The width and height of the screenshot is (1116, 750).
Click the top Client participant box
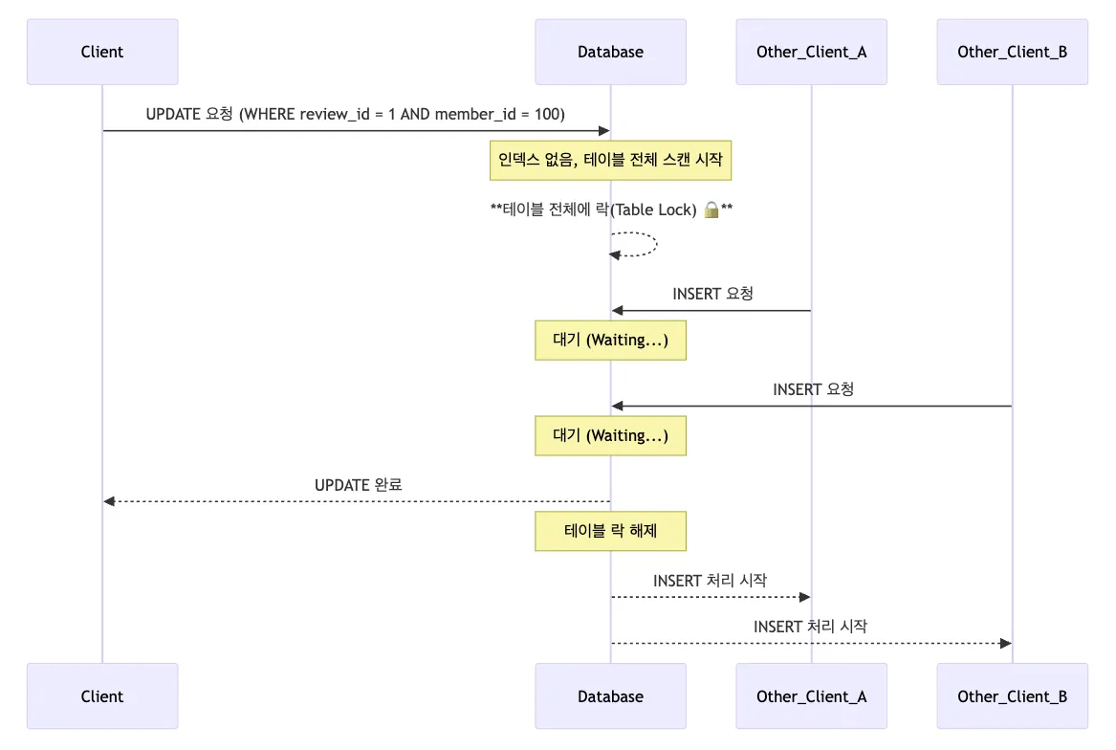tap(102, 52)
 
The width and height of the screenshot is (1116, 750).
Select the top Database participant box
tap(611, 52)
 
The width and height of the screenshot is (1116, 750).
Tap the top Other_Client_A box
tap(811, 52)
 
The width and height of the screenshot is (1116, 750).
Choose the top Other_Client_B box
tap(1012, 52)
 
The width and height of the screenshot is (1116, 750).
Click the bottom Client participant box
tap(102, 695)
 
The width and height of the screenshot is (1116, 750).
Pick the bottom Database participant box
tap(611, 695)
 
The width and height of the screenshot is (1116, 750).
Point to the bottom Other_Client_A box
tap(811, 695)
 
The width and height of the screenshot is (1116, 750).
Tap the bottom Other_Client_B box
tap(1012, 695)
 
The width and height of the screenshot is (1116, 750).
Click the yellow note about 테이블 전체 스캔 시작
tap(611, 161)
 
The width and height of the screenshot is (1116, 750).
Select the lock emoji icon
tap(711, 210)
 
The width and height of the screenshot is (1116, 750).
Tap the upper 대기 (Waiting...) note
tap(611, 341)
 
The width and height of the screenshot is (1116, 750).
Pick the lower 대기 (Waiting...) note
tap(611, 436)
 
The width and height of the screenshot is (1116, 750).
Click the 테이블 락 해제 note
tap(611, 531)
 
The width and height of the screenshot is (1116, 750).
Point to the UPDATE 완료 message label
tap(358, 485)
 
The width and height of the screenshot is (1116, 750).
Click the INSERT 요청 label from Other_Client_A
tap(712, 294)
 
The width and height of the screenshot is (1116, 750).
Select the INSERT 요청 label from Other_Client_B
tap(813, 389)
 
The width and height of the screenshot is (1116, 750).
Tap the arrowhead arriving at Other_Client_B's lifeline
tap(1006, 643)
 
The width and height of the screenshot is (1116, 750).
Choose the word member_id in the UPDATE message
tap(475, 114)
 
